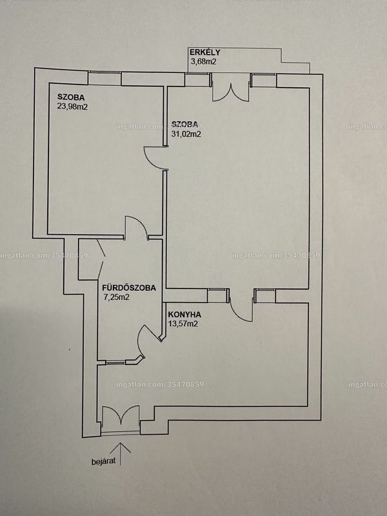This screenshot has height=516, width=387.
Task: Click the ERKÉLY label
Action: pos(204,53)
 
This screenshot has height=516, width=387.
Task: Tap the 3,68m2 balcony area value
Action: pos(203,61)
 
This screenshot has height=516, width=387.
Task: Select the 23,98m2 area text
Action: pos(72,106)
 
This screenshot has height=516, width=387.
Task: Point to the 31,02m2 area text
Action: pos(186,134)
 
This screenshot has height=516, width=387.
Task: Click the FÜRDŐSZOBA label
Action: pos(129,288)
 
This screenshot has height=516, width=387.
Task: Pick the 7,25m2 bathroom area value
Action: pos(116,297)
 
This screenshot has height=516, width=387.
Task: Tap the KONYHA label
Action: pos(184,315)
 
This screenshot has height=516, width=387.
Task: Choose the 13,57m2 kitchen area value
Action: pos(183,324)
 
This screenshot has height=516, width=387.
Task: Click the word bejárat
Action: pos(103,462)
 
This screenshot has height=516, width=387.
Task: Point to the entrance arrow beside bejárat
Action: pos(121,454)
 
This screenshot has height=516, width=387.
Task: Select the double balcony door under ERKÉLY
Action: pos(230,87)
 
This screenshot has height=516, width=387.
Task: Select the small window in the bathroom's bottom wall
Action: pos(116,362)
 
